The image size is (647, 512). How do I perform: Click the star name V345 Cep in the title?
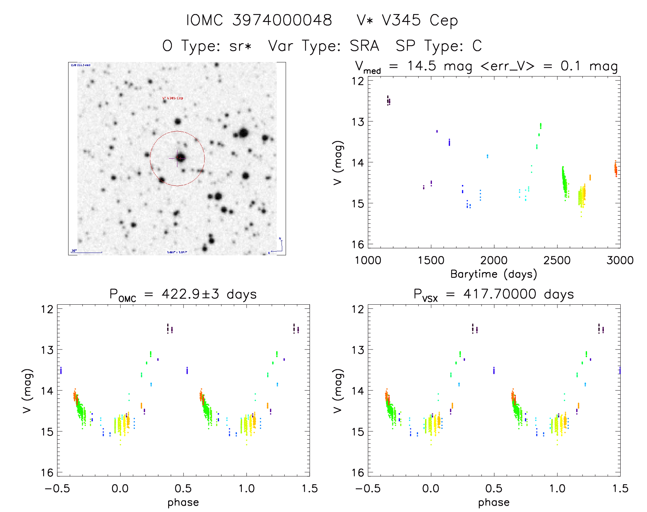407,20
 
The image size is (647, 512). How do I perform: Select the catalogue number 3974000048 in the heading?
282,20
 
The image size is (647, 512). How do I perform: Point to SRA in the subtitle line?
364,46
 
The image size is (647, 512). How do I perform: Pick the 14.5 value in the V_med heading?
421,66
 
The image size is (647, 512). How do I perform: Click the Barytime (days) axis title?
494,274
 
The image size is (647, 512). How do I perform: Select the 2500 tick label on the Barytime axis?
557,260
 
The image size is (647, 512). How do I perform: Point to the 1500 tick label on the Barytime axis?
431,260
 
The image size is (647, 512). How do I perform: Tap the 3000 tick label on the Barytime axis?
620,260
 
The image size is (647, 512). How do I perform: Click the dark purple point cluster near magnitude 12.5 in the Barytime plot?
388,101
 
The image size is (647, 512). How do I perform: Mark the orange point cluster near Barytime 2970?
615,169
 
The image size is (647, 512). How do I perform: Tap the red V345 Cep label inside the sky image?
173,98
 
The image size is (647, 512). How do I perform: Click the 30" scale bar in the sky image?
87,252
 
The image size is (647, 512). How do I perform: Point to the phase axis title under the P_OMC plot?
183,502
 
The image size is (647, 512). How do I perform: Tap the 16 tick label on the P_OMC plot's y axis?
47,473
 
